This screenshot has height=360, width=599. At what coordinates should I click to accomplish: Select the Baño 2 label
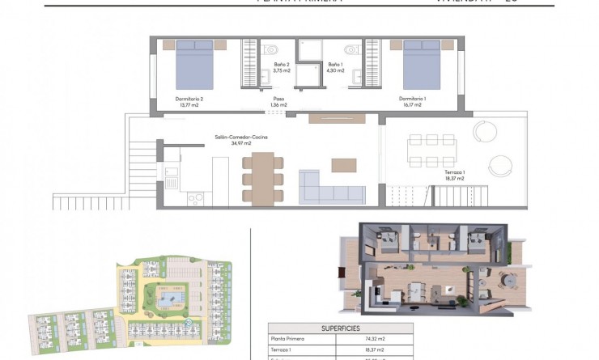point(282,65)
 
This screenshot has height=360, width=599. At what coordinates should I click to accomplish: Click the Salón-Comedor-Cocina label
point(241,138)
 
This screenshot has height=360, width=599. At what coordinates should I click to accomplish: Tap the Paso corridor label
point(279,100)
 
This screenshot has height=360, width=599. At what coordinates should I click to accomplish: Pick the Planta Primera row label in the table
point(290,341)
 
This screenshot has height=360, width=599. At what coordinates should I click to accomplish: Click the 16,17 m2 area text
point(413,105)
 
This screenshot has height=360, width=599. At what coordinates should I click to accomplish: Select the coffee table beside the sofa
point(343,164)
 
